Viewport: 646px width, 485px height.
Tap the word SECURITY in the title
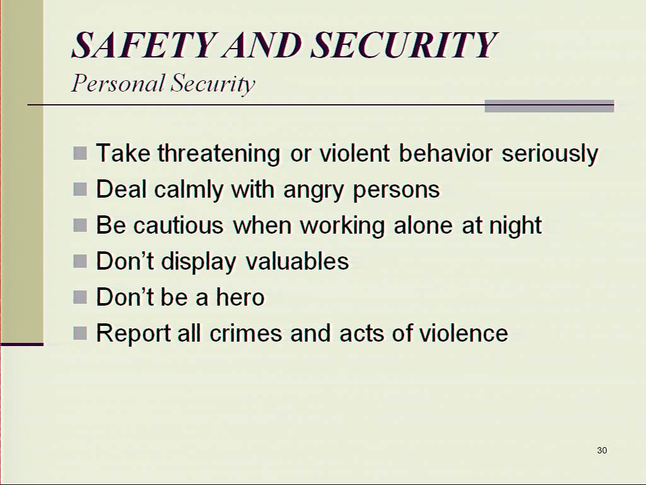(404, 45)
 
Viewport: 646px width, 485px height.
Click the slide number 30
(602, 450)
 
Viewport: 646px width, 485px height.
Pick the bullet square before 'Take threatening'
(80, 153)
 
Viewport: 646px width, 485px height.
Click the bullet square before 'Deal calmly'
(80, 189)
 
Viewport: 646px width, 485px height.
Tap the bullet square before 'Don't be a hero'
(80, 297)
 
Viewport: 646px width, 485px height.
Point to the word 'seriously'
(550, 154)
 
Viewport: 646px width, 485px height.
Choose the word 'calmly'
(189, 189)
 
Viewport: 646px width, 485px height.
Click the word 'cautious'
(179, 225)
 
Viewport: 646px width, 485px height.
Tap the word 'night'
(515, 225)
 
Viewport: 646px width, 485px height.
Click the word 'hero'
(240, 297)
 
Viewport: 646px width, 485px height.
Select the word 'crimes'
(246, 333)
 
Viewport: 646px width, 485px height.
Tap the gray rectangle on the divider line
(549, 106)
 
